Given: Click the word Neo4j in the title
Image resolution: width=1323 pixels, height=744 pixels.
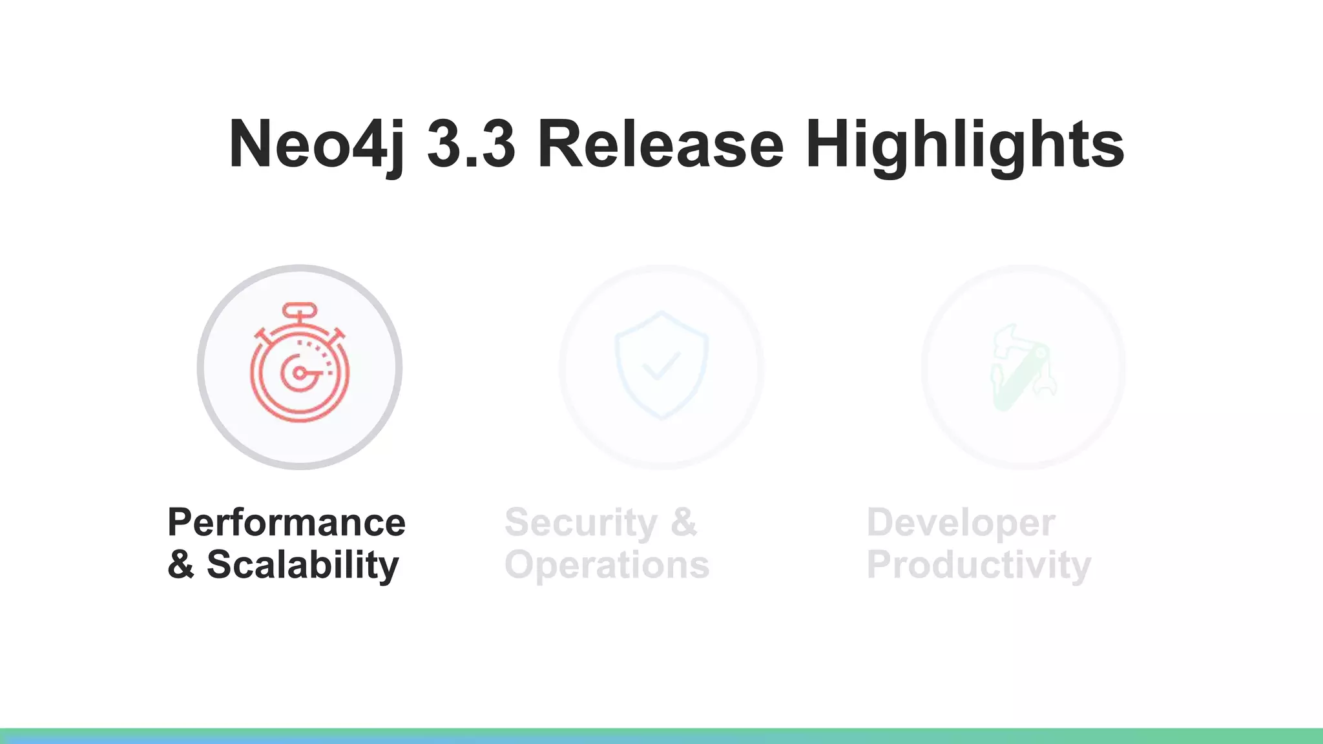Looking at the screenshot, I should pyautogui.click(x=317, y=145).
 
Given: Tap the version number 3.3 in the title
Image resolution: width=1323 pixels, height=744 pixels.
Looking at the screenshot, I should pyautogui.click(x=471, y=145).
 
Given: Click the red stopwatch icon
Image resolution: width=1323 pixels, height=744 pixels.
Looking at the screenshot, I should pyautogui.click(x=300, y=365).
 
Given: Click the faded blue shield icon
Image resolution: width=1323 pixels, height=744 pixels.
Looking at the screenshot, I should pyautogui.click(x=661, y=365).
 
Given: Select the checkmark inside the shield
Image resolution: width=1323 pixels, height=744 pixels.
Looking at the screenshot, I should pyautogui.click(x=661, y=366).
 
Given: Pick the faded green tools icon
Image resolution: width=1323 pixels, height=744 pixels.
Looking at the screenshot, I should pyautogui.click(x=1023, y=367).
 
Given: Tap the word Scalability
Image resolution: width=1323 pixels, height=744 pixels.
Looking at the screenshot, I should pyautogui.click(x=302, y=564).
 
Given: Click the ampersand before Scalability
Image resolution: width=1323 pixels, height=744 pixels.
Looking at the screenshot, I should pyautogui.click(x=181, y=564).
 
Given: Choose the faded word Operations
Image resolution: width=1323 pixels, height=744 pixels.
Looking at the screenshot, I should pyautogui.click(x=607, y=564).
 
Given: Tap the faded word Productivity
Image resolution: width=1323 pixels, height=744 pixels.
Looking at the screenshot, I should pyautogui.click(x=979, y=564).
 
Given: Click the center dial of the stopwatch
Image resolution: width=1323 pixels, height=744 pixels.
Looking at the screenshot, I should pyautogui.click(x=299, y=373).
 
